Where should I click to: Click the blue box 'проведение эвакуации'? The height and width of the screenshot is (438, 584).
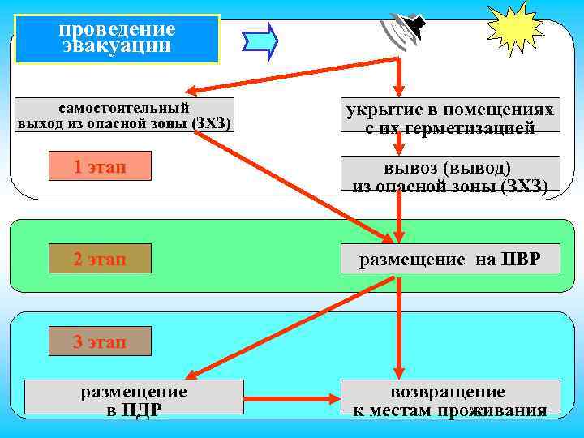117,38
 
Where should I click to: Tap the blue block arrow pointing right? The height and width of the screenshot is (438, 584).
261,39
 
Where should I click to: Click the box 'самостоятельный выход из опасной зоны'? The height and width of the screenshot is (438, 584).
124,115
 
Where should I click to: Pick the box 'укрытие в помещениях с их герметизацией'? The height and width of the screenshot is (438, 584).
449,118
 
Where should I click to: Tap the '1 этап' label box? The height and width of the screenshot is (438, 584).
100,167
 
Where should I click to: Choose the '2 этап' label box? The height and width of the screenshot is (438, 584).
100,260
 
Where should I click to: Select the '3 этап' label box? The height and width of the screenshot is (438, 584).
100,341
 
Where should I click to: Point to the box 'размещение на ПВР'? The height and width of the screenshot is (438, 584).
449,259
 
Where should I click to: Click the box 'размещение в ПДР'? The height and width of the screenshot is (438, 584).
134,399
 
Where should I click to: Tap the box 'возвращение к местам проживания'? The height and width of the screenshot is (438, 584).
449,399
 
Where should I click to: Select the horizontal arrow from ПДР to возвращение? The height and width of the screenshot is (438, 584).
292,399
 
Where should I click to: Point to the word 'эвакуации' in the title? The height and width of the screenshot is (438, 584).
117,46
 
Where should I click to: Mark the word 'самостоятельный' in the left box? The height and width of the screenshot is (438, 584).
124,107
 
